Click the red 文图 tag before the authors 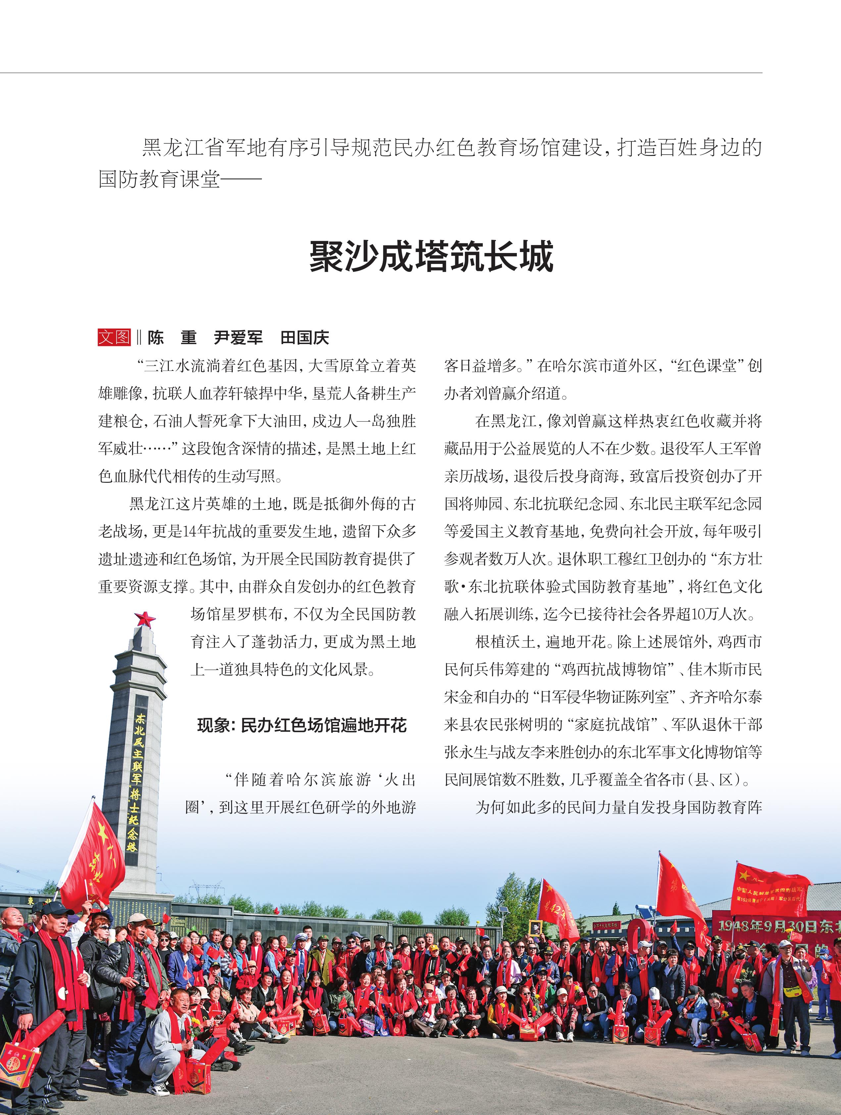(x=114, y=337)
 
